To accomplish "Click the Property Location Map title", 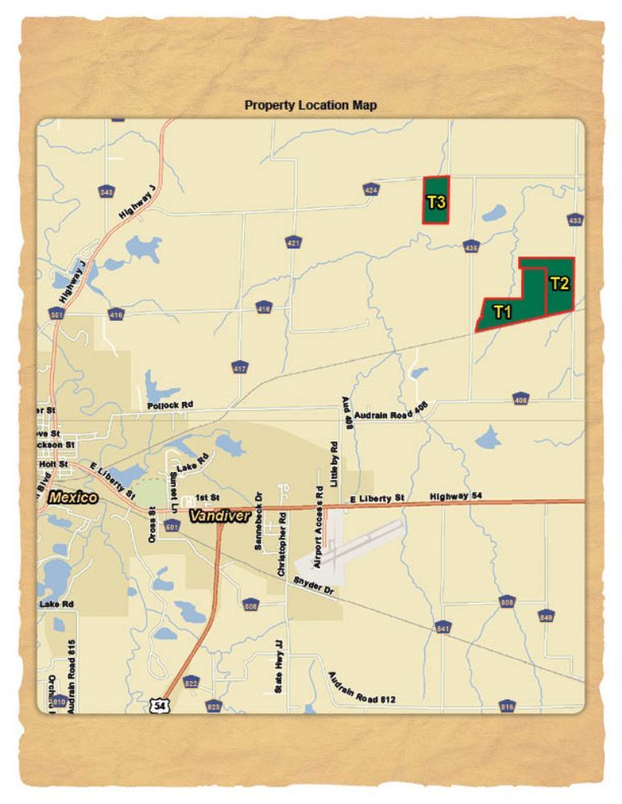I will pos(311,105).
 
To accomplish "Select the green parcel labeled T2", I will pos(560,285).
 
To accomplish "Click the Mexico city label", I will pos(72,498).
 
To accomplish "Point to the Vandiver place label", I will pos(220,516).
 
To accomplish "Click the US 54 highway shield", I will pos(158,705).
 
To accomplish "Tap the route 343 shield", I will pos(106,192).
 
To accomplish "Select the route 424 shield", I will pos(371,190).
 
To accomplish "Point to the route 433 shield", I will pos(575,219).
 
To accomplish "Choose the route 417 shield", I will pos(240,368).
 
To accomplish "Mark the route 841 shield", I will pos(443,627).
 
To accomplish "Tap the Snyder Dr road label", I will pos(312,585).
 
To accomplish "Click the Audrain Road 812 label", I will pos(361,688).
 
